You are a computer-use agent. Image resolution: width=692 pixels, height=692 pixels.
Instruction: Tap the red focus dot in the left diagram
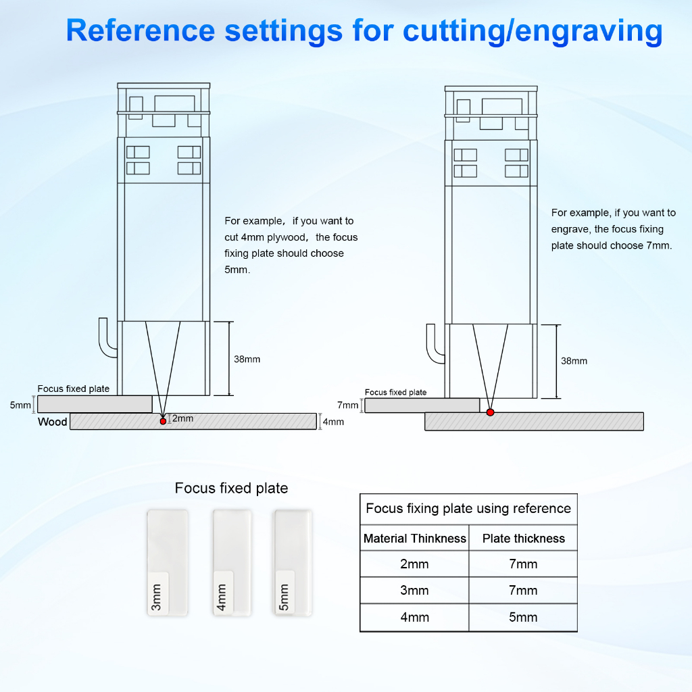163,421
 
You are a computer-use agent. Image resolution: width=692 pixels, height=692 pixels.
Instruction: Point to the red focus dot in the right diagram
490,412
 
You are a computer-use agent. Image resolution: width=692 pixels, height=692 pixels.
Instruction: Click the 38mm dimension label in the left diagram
247,359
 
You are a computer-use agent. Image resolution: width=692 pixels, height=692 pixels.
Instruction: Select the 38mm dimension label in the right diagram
574,361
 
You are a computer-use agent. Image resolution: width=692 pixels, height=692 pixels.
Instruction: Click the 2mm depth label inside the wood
182,418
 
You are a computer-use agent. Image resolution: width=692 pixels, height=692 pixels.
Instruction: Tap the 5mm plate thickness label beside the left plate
20,405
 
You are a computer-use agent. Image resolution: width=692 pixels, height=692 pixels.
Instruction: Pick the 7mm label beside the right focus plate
347,405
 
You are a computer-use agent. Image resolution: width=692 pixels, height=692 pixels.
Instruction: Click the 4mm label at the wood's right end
333,422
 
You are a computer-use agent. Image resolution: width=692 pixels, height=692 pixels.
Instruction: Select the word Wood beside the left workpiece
52,422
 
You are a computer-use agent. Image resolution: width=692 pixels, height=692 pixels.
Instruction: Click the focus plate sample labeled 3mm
167,562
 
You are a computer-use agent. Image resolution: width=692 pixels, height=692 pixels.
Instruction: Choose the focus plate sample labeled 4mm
232,562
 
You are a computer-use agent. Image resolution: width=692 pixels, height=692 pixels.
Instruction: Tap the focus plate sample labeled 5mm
293,562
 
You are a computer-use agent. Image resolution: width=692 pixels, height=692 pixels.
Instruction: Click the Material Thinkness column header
415,539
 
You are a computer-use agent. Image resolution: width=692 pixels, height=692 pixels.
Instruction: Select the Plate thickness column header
523,539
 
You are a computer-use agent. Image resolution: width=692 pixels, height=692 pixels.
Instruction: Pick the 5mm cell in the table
523,617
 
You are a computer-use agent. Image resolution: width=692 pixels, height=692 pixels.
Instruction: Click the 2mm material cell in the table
414,564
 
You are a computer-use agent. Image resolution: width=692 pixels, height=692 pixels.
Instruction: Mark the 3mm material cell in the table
414,591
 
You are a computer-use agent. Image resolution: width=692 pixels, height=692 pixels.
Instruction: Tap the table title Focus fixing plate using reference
468,509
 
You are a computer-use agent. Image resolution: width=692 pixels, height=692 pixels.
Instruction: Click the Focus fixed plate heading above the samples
231,488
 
